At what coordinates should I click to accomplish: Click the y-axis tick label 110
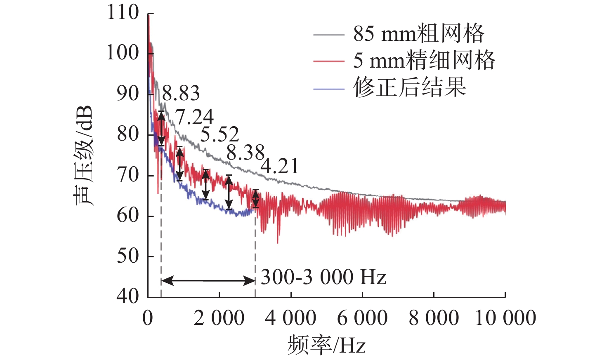coord(123,12)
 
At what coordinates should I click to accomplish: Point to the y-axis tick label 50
coord(128,256)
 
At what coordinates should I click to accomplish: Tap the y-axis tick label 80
coord(128,134)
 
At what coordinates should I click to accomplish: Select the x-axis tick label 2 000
coord(219,318)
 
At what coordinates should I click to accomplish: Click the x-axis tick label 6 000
coord(362,318)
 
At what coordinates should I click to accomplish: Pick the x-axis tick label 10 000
coord(505,318)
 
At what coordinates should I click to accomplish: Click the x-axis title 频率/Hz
coord(326,345)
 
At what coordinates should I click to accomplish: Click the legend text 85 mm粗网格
coord(418,34)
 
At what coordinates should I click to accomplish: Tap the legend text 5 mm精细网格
coord(424,61)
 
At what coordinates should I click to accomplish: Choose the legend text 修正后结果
coord(409,87)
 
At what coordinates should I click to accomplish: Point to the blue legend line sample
coord(328,89)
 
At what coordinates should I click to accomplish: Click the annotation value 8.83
coord(181,94)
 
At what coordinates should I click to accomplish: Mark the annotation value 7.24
coord(195,118)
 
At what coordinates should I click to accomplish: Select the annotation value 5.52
coord(220,134)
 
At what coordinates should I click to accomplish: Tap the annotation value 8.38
coord(245,153)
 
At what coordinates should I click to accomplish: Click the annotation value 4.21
coord(279,166)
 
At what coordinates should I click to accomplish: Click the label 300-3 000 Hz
coord(323,277)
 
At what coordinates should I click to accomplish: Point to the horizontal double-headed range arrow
coord(208,281)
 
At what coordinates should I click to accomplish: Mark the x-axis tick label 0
coord(148,318)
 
